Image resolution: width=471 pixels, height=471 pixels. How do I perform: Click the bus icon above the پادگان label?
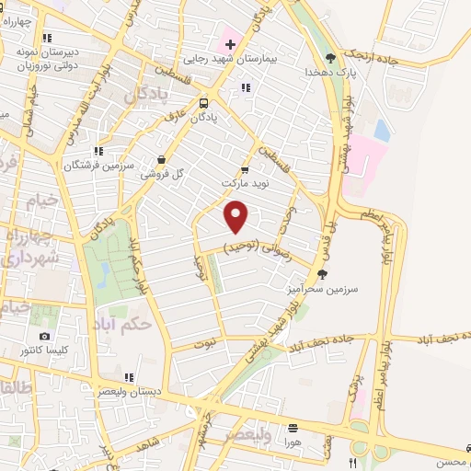click(203, 104)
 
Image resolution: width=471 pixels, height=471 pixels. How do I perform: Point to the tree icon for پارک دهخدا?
click(330, 58)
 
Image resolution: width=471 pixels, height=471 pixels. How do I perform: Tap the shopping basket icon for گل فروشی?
click(162, 158)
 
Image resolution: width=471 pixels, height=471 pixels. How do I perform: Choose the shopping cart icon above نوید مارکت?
click(244, 169)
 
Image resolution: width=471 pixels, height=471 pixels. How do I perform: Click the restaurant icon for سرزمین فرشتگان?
click(98, 152)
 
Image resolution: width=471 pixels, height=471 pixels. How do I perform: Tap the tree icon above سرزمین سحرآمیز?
click(321, 273)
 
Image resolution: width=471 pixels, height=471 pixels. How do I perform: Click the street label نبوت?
click(207, 344)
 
